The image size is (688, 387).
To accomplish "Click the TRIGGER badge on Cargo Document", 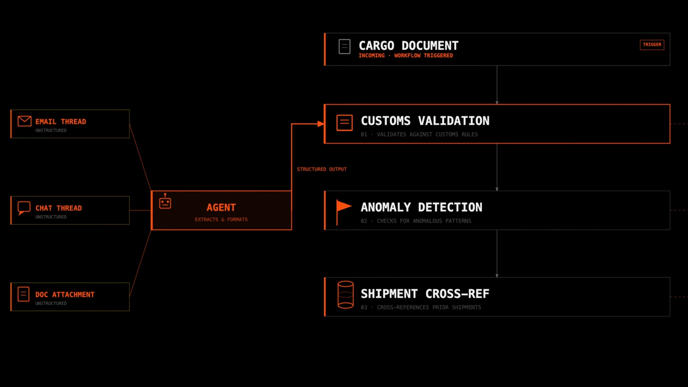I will tap(652, 45).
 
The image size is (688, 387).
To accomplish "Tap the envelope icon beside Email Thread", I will tap(24, 121).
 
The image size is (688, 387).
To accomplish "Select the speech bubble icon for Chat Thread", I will tap(24, 208).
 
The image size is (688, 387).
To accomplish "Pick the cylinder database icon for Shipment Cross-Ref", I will tap(345, 295).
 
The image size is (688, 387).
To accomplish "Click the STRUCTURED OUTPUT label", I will tap(322, 169).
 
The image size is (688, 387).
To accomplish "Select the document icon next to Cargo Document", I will tap(344, 46).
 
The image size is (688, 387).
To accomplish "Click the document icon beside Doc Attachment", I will tap(23, 294).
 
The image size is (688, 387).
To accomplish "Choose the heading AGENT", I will tap(221, 207).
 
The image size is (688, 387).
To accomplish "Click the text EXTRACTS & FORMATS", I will tap(221, 220).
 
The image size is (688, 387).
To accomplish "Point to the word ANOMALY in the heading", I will tap(386, 207).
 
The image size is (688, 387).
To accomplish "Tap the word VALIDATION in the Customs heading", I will tap(454, 121).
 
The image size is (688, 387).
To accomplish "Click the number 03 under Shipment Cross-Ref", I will tap(364, 307).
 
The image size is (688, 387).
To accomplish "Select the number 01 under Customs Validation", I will tap(364, 134).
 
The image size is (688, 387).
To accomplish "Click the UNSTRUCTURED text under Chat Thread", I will tap(51, 217).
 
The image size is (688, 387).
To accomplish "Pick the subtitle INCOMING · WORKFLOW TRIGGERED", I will tap(406, 56).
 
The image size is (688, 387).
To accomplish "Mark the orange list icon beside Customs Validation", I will tap(344, 123).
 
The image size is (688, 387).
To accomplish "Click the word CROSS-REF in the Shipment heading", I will tap(457, 294).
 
